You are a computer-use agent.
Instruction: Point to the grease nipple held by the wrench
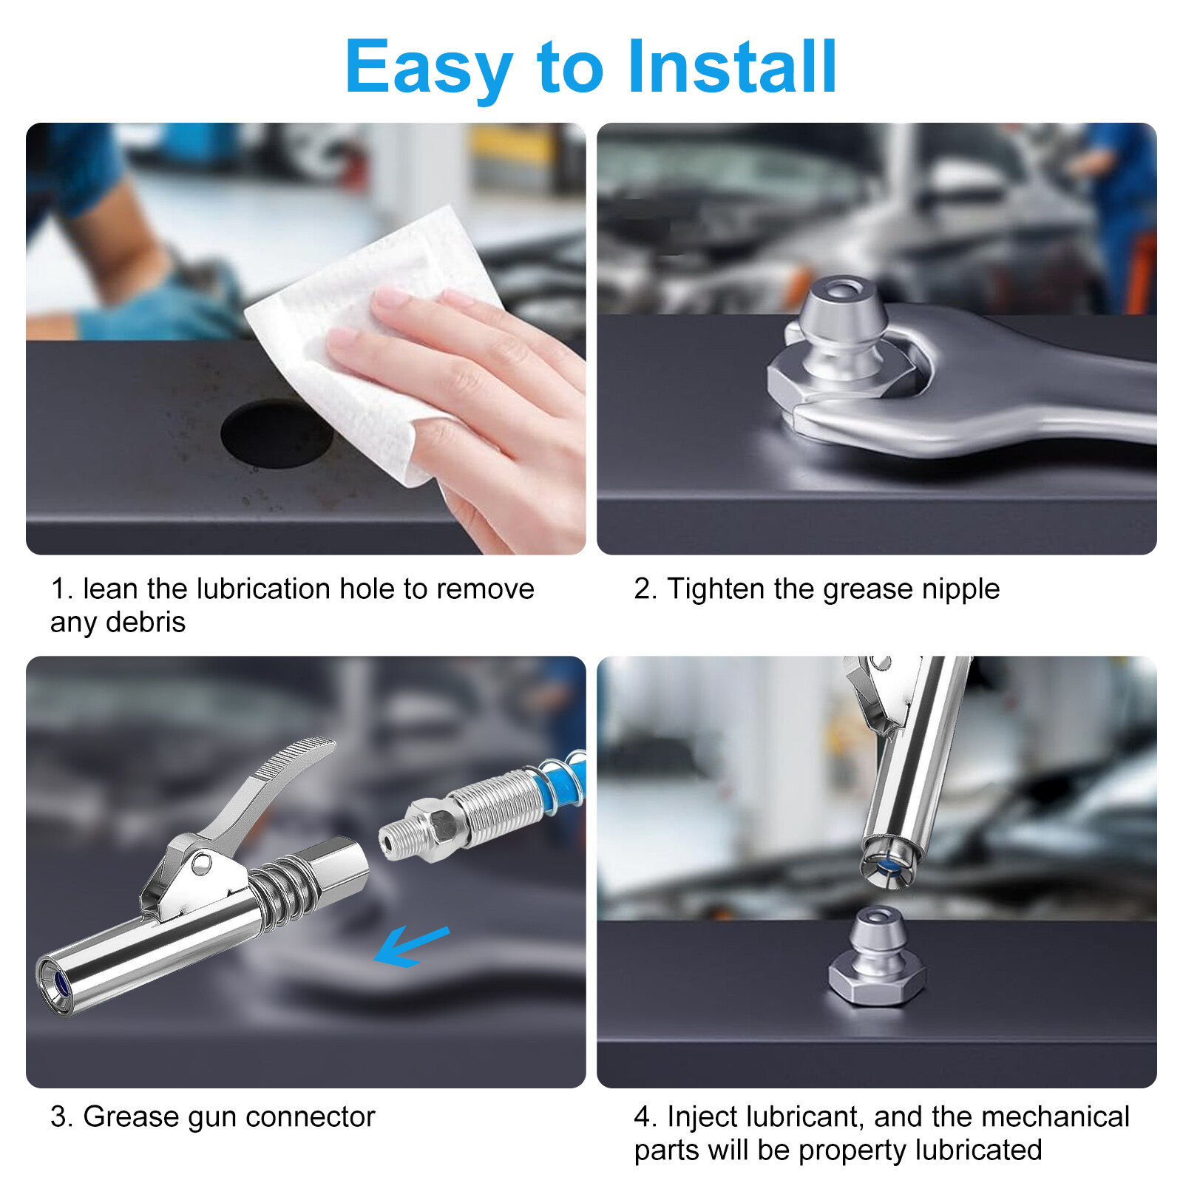pyautogui.click(x=843, y=340)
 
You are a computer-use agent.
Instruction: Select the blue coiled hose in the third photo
pyautogui.click(x=562, y=784)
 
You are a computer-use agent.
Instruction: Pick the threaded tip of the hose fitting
pyautogui.click(x=395, y=840)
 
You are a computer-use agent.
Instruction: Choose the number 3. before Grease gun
pyautogui.click(x=61, y=1117)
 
